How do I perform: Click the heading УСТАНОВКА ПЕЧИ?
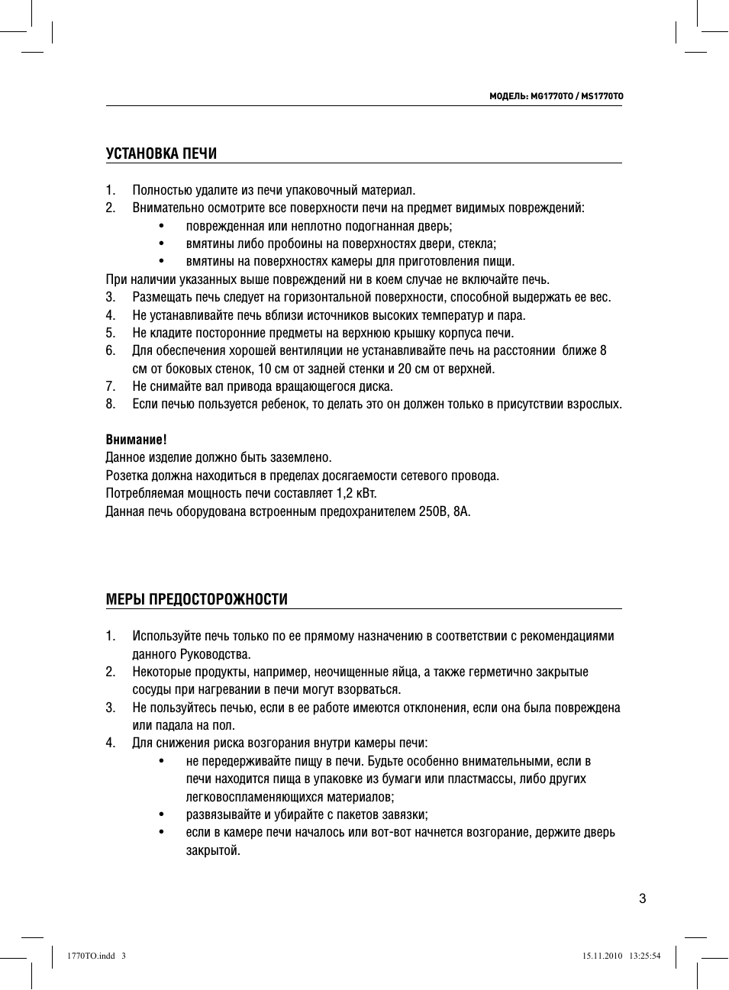[161, 154]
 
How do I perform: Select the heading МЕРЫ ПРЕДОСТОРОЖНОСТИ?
[197, 600]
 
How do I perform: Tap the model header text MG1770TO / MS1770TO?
[556, 96]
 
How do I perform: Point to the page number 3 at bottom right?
[642, 898]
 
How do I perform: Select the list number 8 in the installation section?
[111, 404]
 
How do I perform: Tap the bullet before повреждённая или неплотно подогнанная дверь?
[161, 226]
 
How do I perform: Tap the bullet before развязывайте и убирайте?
[161, 814]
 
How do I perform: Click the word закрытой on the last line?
[213, 850]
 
